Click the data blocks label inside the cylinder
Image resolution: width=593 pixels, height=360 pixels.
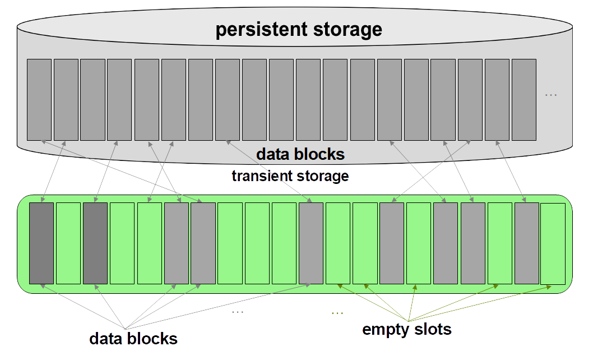coord(300,154)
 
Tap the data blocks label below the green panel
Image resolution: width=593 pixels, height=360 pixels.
coord(133,338)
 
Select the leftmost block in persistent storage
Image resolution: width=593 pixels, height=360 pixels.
coord(39,100)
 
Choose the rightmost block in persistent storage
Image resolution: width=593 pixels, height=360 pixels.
coord(524,100)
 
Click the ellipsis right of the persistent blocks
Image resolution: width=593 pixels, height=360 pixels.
coord(550,95)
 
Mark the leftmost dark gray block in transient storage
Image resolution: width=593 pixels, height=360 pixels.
coord(41,243)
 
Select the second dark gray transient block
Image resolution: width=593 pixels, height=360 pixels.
coord(95,243)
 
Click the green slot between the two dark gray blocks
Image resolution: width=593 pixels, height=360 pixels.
coord(68,243)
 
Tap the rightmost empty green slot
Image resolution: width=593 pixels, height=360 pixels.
coord(553,243)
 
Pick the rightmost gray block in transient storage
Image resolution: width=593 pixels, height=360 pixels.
coord(526,243)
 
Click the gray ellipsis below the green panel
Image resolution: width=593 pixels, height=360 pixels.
coord(238,312)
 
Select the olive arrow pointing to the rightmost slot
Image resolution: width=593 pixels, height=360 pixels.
coord(480,303)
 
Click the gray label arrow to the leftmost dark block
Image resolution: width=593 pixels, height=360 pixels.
coord(83,307)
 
